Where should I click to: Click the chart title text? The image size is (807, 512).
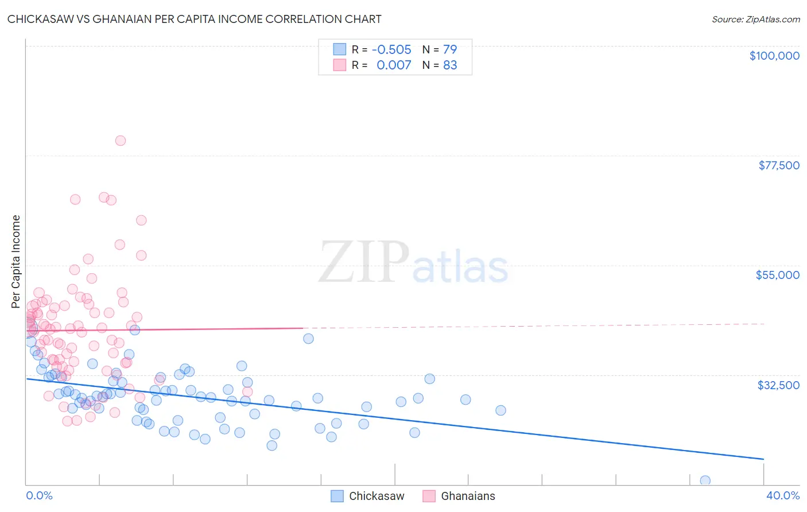194,20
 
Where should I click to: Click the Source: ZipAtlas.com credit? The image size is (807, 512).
755,20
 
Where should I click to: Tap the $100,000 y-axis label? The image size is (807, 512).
774,56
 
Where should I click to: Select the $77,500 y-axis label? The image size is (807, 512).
779,165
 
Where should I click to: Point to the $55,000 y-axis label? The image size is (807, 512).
777,275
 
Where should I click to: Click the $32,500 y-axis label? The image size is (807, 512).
778,385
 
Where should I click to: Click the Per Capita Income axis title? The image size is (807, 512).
16,262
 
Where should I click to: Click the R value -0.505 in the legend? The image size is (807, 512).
391,50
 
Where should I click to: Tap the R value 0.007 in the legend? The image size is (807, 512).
394,65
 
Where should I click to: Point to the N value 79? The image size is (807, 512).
450,50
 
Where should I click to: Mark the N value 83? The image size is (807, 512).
450,65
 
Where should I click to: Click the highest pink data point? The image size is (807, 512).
121,141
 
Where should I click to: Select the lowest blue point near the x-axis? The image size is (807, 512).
705,480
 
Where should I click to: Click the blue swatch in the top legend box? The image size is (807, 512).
340,49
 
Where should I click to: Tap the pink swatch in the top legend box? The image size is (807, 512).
340,65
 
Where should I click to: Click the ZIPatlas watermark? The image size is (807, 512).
413,263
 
